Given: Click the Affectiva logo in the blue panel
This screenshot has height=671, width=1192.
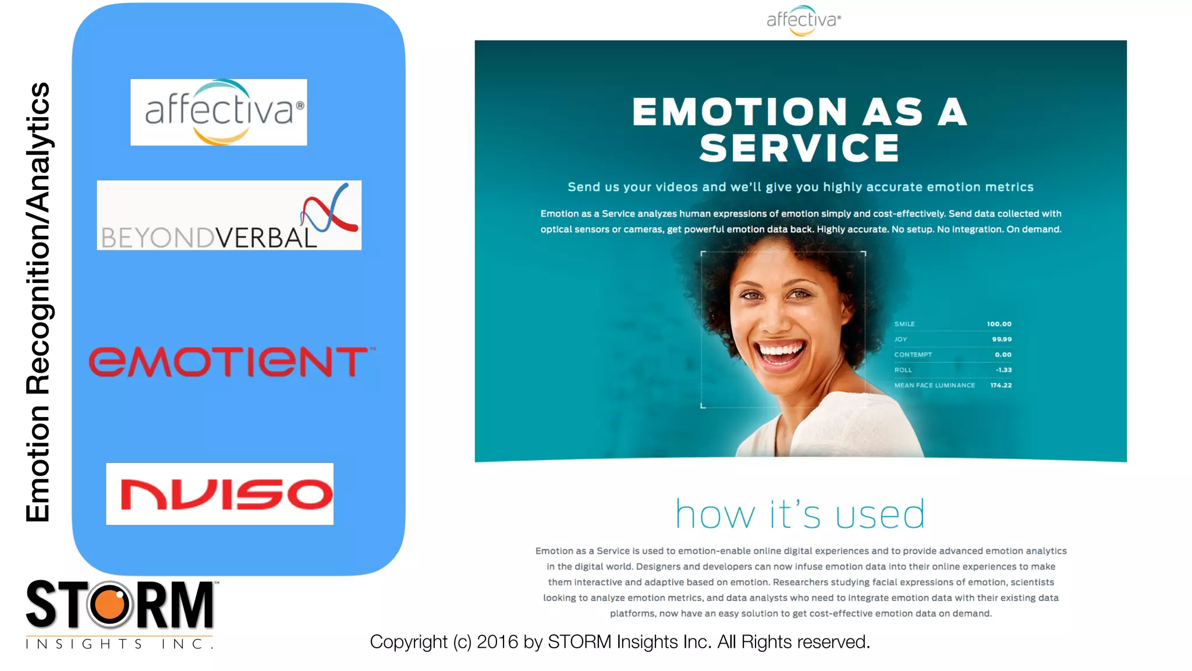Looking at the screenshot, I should click(x=219, y=112).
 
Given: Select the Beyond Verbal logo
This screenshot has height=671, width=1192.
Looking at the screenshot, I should click(x=229, y=216).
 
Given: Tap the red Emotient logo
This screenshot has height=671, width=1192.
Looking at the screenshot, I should click(x=231, y=362).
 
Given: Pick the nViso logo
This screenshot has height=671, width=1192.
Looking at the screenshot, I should click(x=220, y=494).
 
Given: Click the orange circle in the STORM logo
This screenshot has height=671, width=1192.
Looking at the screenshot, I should click(x=109, y=605).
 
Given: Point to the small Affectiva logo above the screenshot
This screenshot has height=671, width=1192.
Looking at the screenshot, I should click(x=803, y=20).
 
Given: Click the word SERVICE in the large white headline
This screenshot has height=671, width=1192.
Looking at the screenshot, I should click(x=799, y=148).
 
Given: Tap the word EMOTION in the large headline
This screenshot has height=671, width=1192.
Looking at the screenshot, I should click(x=740, y=112).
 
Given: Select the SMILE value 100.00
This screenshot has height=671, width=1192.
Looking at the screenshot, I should click(x=999, y=324).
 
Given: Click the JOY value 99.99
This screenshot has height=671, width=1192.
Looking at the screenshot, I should click(x=1002, y=339).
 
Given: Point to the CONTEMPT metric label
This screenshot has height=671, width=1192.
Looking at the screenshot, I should click(x=913, y=355).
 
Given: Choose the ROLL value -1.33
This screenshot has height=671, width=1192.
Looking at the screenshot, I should click(x=1003, y=370).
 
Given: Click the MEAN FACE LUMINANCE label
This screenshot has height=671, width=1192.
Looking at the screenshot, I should click(x=934, y=386).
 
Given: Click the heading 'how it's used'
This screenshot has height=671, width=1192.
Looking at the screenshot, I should click(x=800, y=514).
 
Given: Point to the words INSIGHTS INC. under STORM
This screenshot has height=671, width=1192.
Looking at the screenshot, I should click(x=119, y=644).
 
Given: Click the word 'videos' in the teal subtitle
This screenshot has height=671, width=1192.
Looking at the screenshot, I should click(x=676, y=187).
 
